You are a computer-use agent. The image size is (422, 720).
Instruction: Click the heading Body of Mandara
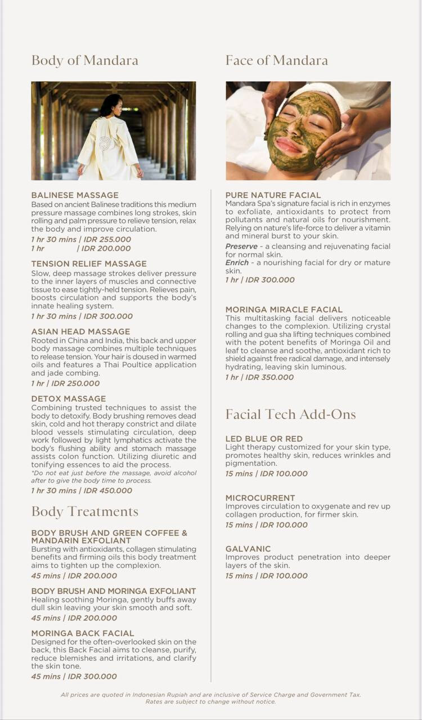click(x=84, y=60)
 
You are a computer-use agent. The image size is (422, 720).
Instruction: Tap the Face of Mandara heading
click(x=276, y=60)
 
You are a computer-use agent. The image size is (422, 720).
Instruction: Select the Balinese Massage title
click(x=75, y=195)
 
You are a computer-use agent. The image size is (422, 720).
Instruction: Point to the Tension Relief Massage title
click(x=89, y=263)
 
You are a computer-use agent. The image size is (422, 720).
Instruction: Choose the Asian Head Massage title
click(x=80, y=331)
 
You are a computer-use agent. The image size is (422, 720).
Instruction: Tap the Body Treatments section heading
click(x=84, y=511)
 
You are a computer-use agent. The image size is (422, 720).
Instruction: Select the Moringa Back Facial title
click(x=83, y=633)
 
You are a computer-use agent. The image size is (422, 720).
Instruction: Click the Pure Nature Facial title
click(x=273, y=195)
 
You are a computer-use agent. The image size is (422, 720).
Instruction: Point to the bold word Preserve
click(x=241, y=246)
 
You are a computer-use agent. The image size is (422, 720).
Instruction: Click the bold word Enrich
click(x=237, y=263)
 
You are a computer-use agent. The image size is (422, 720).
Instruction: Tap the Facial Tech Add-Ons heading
click(x=290, y=415)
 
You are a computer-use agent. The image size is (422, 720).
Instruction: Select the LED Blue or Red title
click(x=264, y=438)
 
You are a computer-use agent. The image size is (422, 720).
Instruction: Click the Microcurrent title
click(x=260, y=498)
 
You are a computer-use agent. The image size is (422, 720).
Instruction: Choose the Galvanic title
click(x=248, y=548)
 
